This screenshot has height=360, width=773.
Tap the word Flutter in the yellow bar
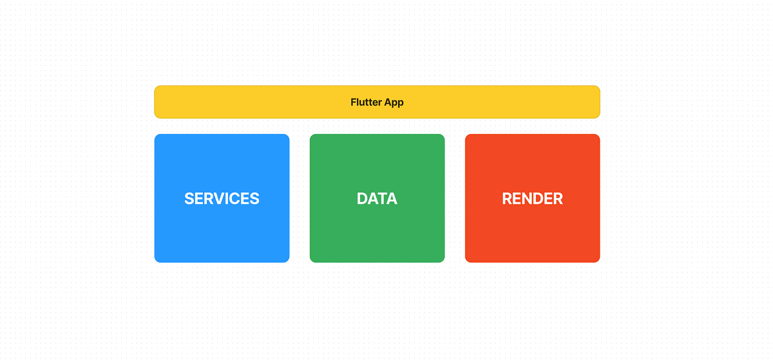366,102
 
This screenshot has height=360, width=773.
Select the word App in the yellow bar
394,102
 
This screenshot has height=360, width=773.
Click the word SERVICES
222,198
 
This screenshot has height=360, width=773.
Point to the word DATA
377,198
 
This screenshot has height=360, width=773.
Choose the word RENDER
532,198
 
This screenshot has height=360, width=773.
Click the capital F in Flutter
354,102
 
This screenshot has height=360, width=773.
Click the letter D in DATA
362,198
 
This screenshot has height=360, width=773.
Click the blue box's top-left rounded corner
157,137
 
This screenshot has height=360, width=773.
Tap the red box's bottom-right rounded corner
597,260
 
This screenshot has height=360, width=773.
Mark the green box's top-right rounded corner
442,137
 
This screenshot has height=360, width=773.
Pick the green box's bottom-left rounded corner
312,260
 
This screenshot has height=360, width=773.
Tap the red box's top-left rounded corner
468,137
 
